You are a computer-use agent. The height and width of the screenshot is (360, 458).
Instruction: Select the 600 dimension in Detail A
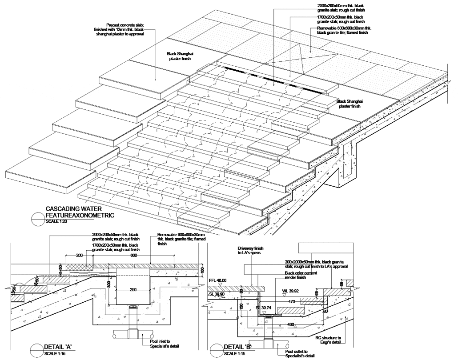[134, 256]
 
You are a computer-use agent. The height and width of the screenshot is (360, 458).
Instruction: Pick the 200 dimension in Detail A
[79, 256]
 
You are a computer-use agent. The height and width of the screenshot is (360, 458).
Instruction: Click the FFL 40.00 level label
[217, 280]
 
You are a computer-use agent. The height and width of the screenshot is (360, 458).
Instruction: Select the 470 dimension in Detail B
[292, 302]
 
